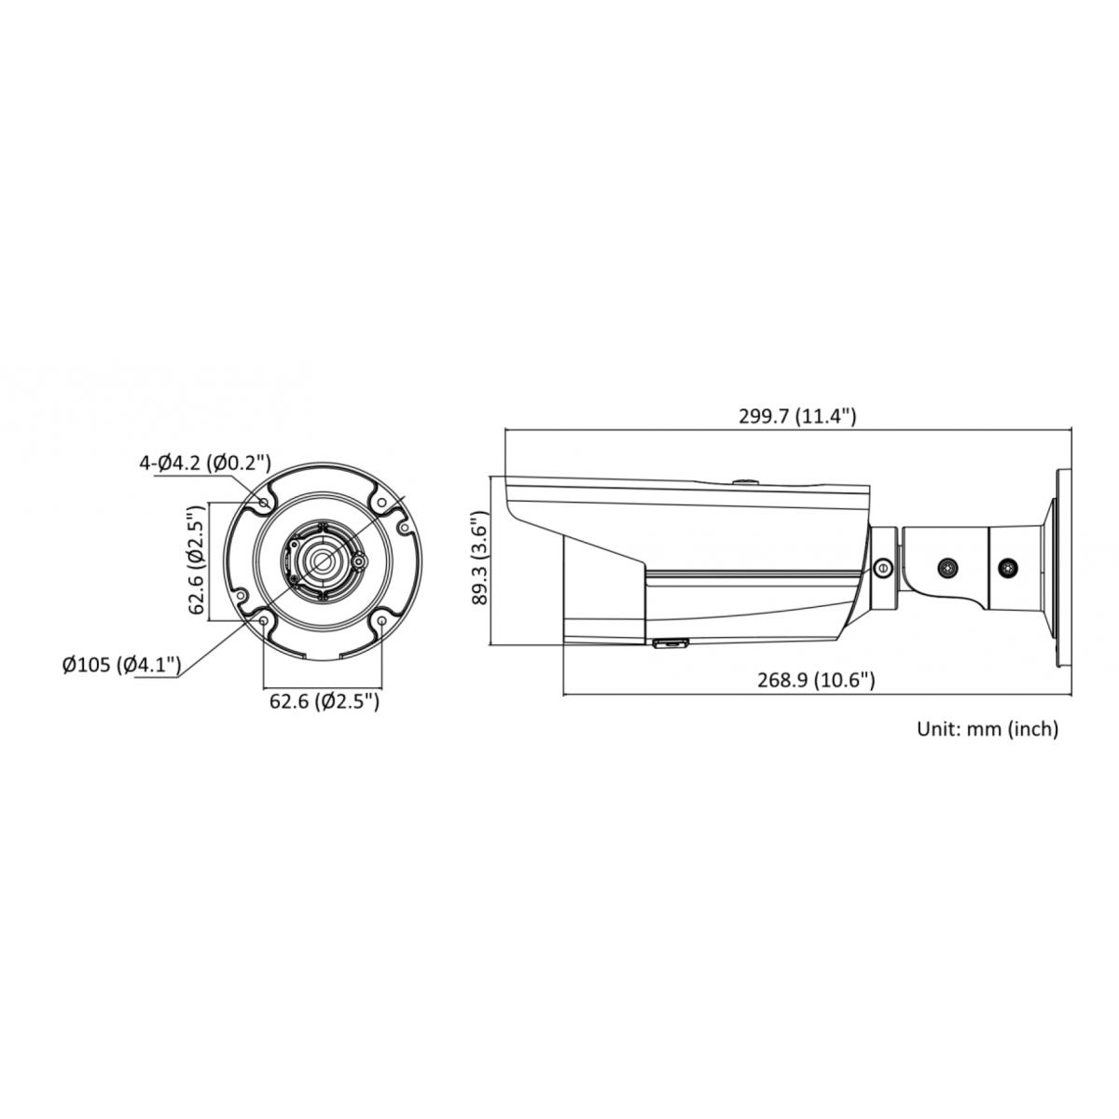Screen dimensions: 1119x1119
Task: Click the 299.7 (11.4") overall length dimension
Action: (796, 416)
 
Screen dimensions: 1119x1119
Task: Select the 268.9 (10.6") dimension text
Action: (816, 680)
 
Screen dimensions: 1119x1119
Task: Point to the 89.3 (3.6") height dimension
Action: (479, 559)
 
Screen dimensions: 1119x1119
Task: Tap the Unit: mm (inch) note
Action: (988, 728)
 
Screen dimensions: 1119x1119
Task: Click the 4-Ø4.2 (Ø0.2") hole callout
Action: (205, 463)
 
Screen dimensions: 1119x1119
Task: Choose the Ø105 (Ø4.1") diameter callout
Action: (122, 664)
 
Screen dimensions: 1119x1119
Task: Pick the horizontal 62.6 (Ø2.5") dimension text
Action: (324, 701)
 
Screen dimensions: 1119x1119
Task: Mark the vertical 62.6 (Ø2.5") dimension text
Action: (197, 559)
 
